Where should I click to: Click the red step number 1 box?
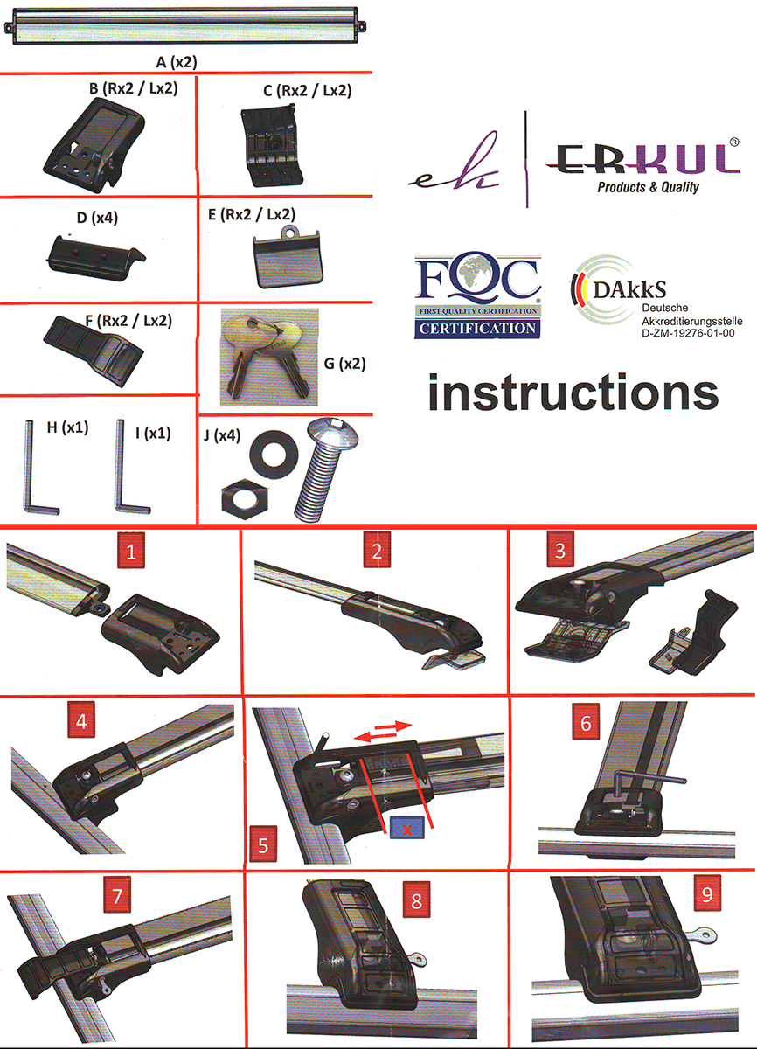tap(130, 550)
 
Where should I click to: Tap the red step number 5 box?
tap(263, 844)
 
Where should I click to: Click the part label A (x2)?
tap(177, 62)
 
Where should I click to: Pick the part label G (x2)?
tap(345, 364)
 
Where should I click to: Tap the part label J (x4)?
tap(222, 436)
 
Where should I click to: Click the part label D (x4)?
tap(97, 218)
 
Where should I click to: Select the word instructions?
tap(573, 393)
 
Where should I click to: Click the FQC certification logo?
tap(477, 296)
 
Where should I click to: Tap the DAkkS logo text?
tap(629, 290)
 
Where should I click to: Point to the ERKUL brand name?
tap(643, 160)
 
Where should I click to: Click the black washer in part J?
tap(274, 455)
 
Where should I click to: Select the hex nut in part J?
tap(245, 499)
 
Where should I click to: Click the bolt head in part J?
tap(333, 432)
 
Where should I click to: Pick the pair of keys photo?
tap(269, 357)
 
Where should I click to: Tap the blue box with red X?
tap(406, 828)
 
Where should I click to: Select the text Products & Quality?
tap(648, 188)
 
